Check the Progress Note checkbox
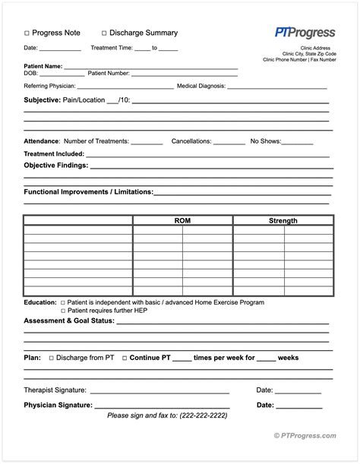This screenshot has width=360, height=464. [x=27, y=33]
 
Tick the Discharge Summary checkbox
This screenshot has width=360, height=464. [x=104, y=33]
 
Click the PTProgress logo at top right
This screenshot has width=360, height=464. [x=305, y=32]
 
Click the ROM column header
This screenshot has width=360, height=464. [x=182, y=221]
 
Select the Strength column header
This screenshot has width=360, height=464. [x=283, y=221]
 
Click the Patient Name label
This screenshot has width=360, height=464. [x=43, y=67]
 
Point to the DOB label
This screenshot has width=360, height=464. [x=31, y=74]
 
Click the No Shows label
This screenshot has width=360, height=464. [x=266, y=141]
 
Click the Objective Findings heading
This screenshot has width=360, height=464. [x=56, y=165]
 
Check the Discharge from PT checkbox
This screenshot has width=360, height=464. [x=52, y=357]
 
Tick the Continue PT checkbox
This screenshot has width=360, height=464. [x=125, y=357]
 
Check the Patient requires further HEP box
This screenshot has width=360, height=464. [x=63, y=311]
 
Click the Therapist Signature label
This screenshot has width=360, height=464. [x=55, y=390]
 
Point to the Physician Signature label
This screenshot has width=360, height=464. [x=58, y=405]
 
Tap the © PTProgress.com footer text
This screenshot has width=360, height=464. [x=305, y=435]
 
